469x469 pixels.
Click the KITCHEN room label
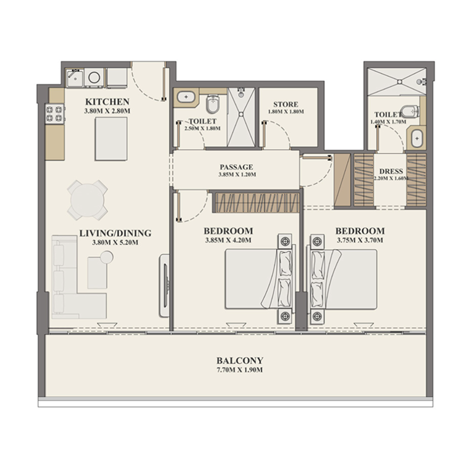point(107,101)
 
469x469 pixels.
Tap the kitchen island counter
point(110,138)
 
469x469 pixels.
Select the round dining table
point(88,198)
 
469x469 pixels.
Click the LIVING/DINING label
point(115,233)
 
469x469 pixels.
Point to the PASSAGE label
point(236,166)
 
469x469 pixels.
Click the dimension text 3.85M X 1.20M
point(236,174)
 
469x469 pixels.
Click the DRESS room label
point(391,172)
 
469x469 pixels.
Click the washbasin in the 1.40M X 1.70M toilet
point(417,139)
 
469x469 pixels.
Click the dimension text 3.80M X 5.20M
point(115,242)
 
